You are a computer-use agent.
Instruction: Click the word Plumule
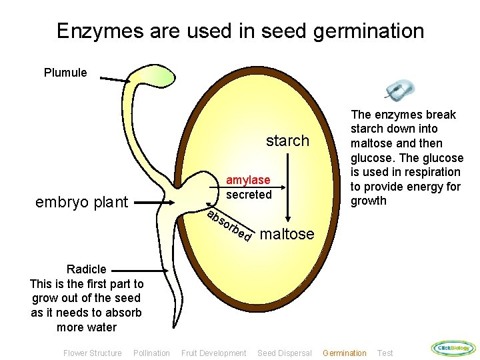[65, 73]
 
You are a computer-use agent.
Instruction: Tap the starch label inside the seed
[287, 141]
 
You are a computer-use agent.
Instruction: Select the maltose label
[287, 234]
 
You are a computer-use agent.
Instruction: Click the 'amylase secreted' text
[248, 187]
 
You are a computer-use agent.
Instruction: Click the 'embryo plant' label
[81, 202]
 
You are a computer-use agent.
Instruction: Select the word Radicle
[87, 269]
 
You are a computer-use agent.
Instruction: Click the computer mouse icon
[399, 91]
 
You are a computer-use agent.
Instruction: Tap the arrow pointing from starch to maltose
[287, 187]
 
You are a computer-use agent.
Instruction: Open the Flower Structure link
[92, 353]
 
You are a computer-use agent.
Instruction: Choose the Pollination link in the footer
[151, 353]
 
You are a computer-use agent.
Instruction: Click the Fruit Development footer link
[213, 353]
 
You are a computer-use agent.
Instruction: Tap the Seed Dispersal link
[284, 353]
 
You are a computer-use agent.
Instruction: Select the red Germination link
[344, 353]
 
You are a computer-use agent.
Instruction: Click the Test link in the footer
[385, 353]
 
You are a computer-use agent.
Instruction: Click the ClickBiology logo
[453, 348]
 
